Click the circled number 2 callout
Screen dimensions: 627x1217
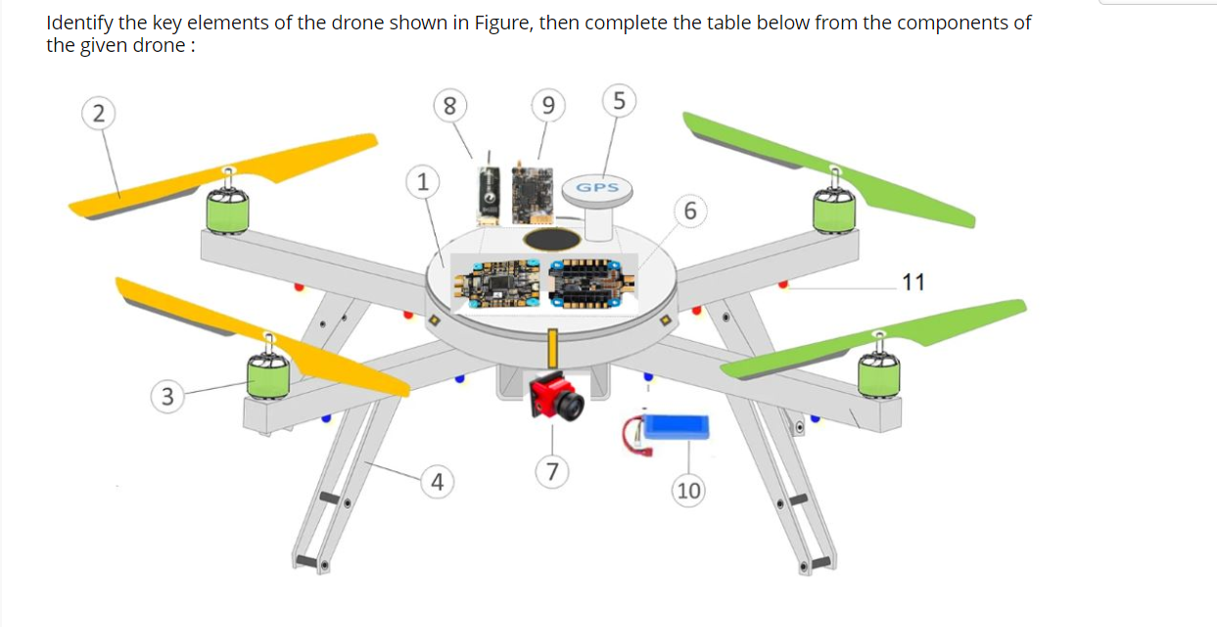[96, 113]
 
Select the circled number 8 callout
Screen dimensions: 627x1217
[448, 106]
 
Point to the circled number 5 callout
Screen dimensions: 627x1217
[619, 101]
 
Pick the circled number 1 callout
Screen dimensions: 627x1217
[422, 181]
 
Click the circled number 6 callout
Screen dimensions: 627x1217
[691, 211]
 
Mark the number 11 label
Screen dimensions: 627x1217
[913, 283]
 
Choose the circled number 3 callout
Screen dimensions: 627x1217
[168, 396]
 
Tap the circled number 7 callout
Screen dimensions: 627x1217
[553, 472]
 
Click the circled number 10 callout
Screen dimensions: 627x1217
[689, 490]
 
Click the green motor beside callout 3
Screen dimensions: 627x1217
[266, 375]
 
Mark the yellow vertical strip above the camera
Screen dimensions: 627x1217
[552, 351]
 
